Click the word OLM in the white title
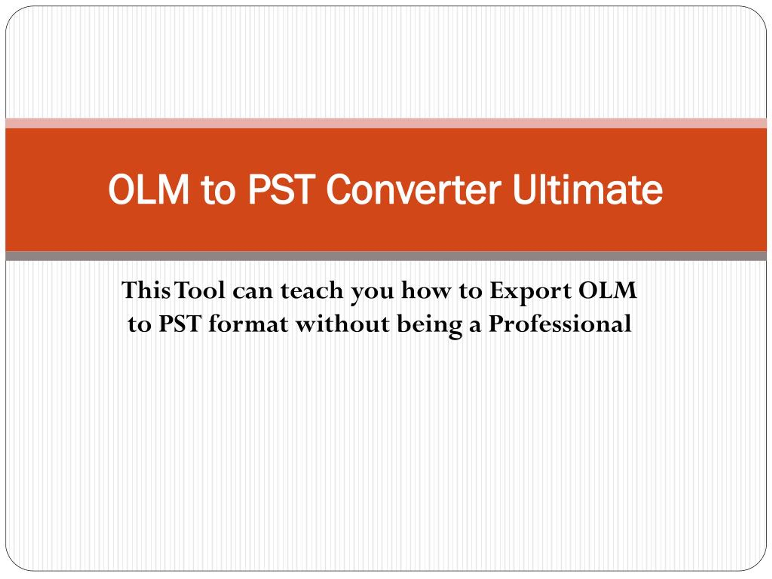(149, 189)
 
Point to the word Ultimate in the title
(588, 189)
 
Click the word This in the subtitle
(146, 290)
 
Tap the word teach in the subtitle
(312, 290)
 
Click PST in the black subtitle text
(180, 324)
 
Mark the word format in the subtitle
(248, 323)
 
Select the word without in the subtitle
(342, 323)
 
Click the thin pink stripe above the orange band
(386, 123)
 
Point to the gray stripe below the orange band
(386, 256)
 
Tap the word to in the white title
(218, 191)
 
